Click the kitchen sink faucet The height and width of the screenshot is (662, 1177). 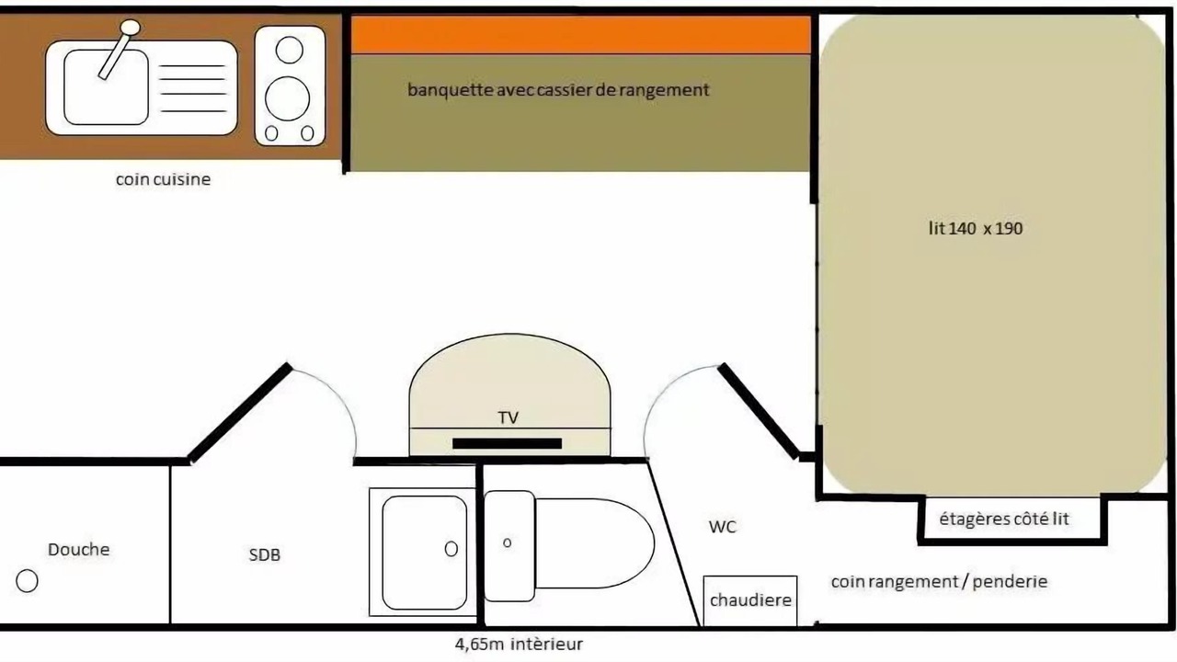(x=120, y=50)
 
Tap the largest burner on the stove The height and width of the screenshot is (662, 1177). (x=288, y=98)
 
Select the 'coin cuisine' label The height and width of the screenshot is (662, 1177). (x=163, y=179)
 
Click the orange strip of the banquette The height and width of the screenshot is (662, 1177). (x=580, y=35)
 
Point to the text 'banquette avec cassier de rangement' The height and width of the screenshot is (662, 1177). (x=558, y=90)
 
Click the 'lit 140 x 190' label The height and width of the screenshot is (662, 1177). (x=976, y=229)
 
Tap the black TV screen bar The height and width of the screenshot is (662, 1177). (x=507, y=443)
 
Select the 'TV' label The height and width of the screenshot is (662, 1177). (x=509, y=417)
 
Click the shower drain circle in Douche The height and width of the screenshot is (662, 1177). (x=27, y=581)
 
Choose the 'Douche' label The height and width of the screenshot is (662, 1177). (x=79, y=550)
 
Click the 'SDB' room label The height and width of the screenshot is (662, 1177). (x=264, y=554)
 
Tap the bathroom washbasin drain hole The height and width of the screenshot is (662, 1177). (x=451, y=549)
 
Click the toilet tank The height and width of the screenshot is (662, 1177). (x=509, y=546)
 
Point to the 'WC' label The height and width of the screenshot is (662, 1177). (x=723, y=527)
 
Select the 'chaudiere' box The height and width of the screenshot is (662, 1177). (x=750, y=600)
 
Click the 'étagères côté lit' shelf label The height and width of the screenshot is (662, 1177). (x=1004, y=519)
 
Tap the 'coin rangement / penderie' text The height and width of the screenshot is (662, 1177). (x=940, y=582)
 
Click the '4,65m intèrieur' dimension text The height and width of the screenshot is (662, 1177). (x=520, y=645)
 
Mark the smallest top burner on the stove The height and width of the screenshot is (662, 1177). (x=289, y=50)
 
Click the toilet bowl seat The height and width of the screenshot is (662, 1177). (x=595, y=543)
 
